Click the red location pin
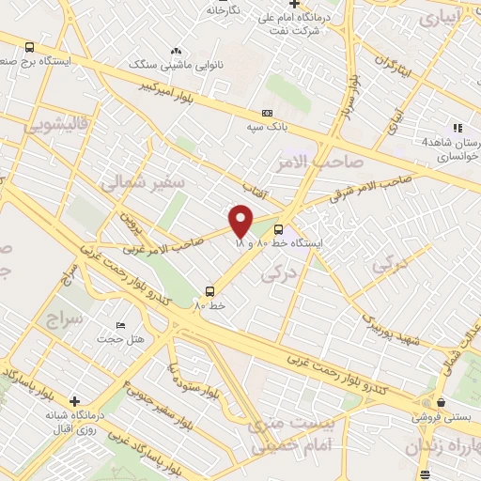click(240, 220)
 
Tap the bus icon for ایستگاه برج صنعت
click(30, 47)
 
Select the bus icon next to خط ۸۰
click(209, 291)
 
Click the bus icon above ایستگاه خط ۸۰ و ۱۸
click(278, 228)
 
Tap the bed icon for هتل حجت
click(119, 325)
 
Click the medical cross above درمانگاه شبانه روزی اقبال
click(75, 401)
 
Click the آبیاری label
click(440, 17)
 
